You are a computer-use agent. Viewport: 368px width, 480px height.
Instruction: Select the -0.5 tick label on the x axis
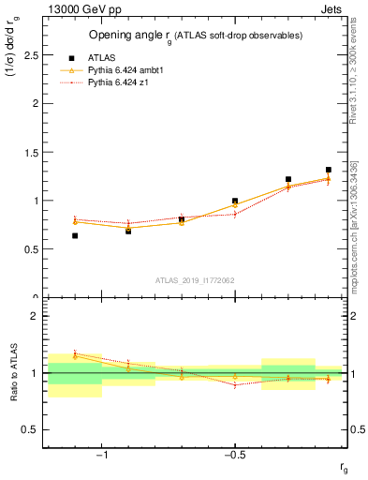coord(233,456)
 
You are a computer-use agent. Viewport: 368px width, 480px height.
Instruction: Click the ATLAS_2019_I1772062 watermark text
coord(195,280)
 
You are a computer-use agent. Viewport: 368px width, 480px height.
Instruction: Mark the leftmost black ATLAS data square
coord(75,235)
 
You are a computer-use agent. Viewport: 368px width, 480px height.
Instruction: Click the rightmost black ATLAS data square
coord(329,170)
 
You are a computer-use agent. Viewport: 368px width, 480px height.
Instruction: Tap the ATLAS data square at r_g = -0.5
coord(235,201)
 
